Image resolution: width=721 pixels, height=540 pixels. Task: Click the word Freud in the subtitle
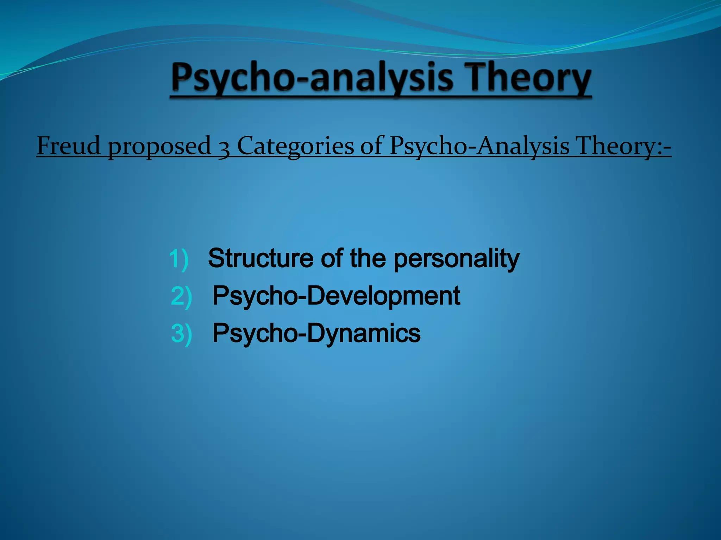[x=69, y=146]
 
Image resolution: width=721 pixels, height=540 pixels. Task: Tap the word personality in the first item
[x=456, y=259]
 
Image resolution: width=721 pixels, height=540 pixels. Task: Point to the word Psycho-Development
[x=336, y=296]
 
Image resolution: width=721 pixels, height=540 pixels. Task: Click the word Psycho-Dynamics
[x=316, y=333]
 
